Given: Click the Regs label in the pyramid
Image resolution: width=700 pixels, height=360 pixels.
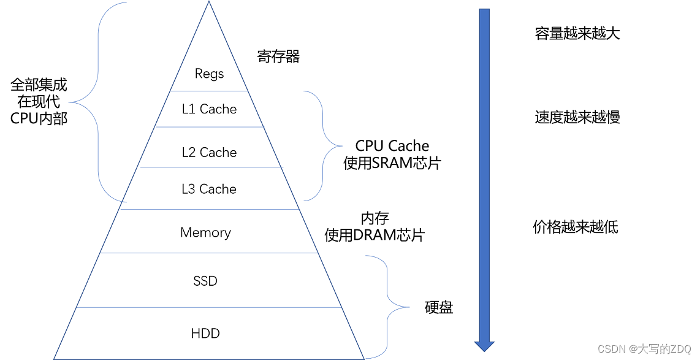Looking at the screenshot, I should click(209, 74).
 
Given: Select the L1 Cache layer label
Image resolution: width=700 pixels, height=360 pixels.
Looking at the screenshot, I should click(209, 109).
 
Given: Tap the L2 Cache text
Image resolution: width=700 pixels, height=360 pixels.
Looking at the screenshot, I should click(209, 153).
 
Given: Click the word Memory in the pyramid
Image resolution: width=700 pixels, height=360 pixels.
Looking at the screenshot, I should click(205, 232).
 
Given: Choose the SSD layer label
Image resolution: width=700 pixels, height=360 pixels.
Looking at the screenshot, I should click(205, 281).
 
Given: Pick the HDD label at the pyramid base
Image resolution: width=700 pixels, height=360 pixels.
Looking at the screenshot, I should click(205, 334).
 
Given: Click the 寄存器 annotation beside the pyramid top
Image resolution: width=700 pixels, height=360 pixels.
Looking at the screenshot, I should click(278, 57).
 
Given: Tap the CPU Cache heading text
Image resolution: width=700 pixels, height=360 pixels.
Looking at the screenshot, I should click(392, 146).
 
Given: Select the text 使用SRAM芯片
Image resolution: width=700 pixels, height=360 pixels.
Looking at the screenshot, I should click(392, 163).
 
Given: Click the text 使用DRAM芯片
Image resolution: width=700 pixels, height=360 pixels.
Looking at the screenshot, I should click(375, 235).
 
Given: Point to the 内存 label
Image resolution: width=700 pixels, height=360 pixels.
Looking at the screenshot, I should click(375, 218).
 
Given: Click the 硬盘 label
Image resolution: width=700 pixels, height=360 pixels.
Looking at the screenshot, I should click(439, 307).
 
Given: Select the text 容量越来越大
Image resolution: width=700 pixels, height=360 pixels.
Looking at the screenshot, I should click(577, 34).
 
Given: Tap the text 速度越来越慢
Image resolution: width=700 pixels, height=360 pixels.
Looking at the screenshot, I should click(577, 117).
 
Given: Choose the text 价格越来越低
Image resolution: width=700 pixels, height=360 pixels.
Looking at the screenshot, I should click(576, 228).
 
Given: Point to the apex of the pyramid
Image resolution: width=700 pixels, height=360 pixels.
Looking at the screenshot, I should click(208, 3).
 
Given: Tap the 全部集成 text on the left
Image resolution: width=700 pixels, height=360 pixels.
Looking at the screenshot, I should click(39, 85).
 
